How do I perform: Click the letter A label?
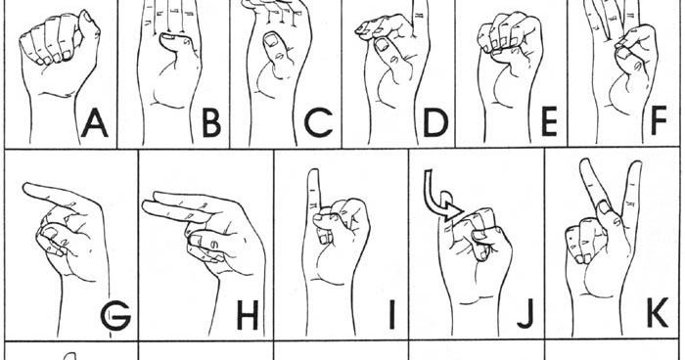(95, 124)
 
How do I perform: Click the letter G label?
(114, 316)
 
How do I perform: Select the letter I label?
(390, 316)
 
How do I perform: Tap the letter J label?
(525, 316)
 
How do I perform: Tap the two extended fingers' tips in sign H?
(152, 206)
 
